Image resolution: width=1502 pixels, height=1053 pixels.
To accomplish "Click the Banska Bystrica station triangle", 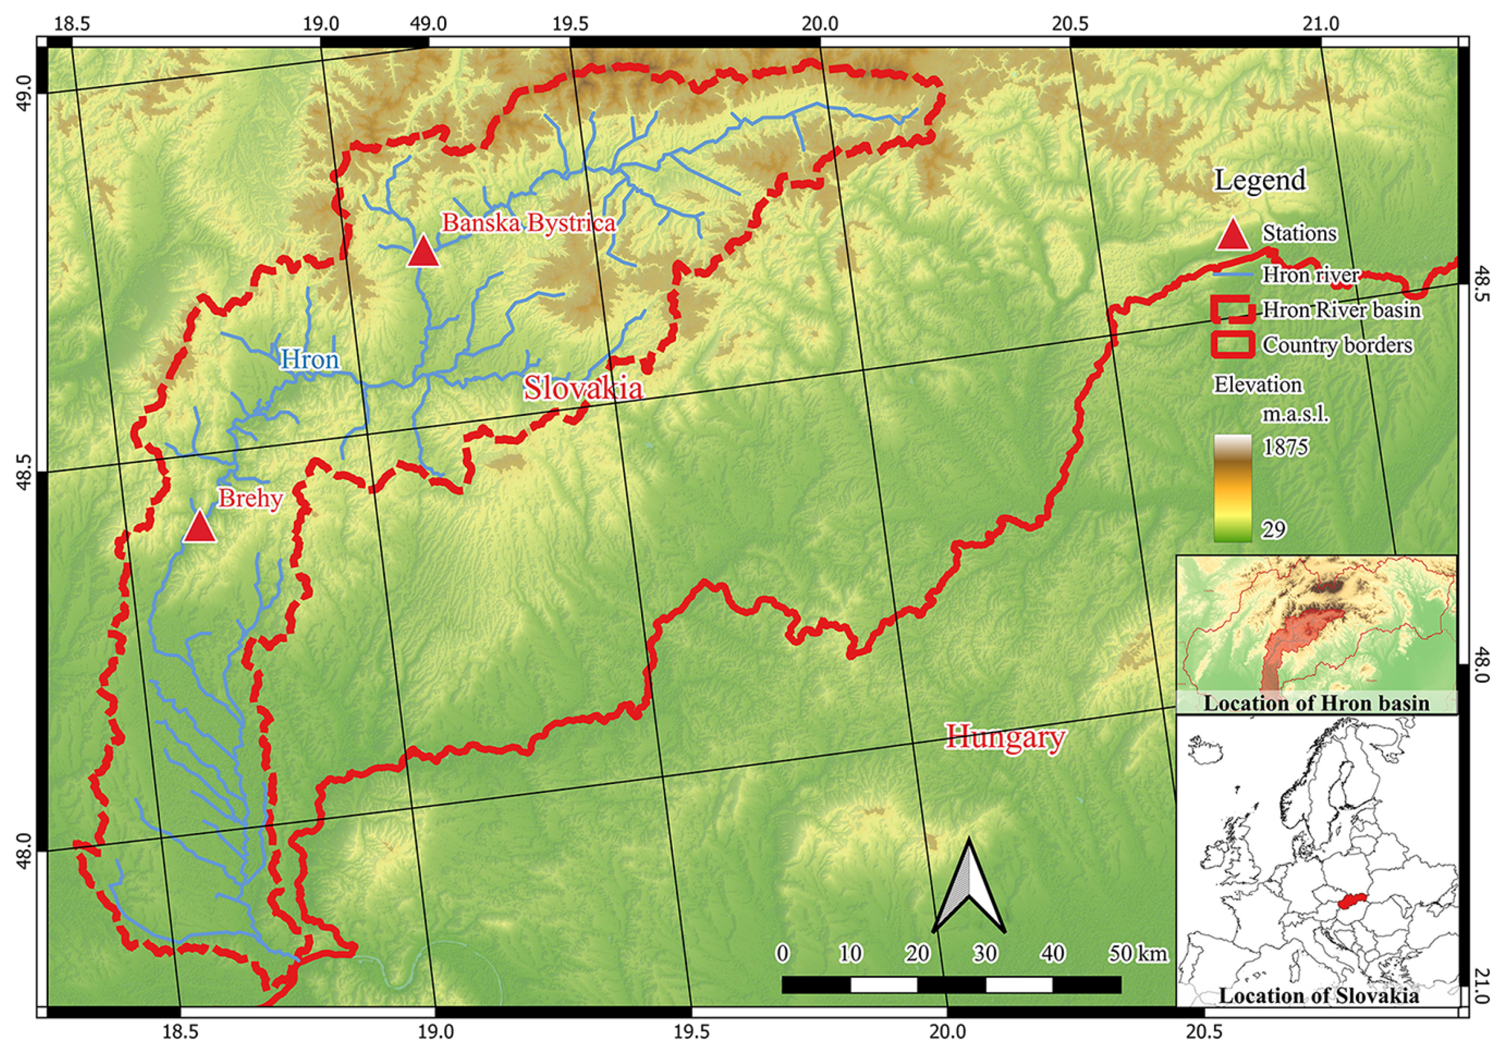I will tap(423, 253).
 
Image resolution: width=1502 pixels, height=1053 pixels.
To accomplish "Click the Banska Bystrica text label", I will tap(529, 224).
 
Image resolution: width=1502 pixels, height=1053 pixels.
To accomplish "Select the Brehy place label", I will tap(250, 499).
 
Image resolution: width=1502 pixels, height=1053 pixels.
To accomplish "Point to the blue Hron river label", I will tap(310, 359).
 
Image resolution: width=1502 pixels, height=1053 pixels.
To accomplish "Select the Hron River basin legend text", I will tap(1341, 310).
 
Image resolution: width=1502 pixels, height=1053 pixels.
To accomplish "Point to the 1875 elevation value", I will tap(1286, 448).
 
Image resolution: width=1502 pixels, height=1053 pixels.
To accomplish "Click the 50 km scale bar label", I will tap(1138, 954).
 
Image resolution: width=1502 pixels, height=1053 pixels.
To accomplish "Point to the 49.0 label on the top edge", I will tap(428, 24).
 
